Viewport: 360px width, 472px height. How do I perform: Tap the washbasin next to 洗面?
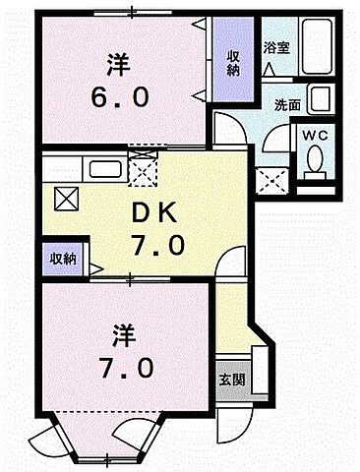click(x=319, y=100)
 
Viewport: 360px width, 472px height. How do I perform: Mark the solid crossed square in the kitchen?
click(x=67, y=201)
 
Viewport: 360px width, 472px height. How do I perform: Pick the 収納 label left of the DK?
click(x=63, y=260)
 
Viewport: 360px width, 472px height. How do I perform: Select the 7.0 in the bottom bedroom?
click(x=119, y=370)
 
